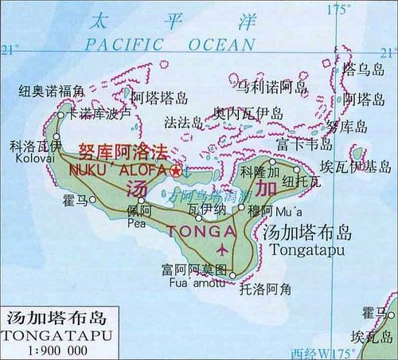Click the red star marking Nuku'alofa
pos(176,170)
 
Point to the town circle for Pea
pos(141,200)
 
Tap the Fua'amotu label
pos(193,280)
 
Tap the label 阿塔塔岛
pos(158,99)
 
